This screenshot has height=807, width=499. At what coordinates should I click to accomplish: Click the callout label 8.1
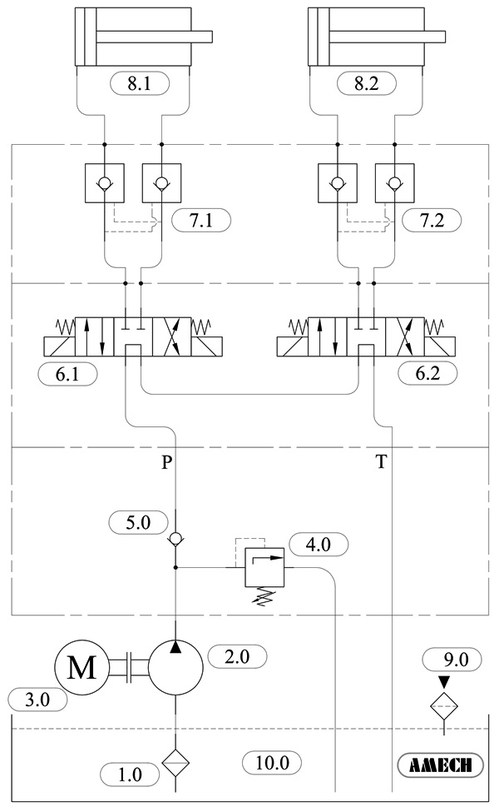[139, 83]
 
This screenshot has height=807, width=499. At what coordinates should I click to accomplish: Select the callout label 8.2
[370, 83]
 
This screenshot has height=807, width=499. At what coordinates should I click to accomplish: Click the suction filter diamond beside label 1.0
[176, 762]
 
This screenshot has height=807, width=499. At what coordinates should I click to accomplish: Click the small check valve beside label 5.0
[176, 540]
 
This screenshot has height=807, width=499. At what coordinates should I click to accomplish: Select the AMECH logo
[442, 765]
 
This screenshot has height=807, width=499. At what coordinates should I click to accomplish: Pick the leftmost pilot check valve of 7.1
[104, 182]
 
